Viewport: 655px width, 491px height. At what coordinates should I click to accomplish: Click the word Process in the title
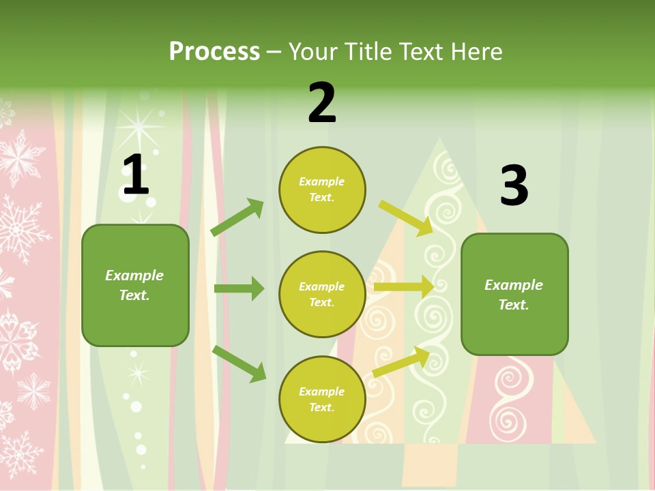(x=214, y=52)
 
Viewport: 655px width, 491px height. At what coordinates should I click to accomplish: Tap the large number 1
(x=135, y=175)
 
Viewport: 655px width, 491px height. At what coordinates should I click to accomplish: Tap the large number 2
(x=322, y=103)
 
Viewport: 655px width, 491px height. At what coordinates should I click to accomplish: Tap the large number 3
(x=514, y=187)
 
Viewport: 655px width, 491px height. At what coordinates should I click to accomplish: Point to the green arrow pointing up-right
(x=237, y=218)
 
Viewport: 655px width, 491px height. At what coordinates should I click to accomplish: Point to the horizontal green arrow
(x=239, y=288)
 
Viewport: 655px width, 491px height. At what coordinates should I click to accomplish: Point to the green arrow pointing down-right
(x=239, y=363)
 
